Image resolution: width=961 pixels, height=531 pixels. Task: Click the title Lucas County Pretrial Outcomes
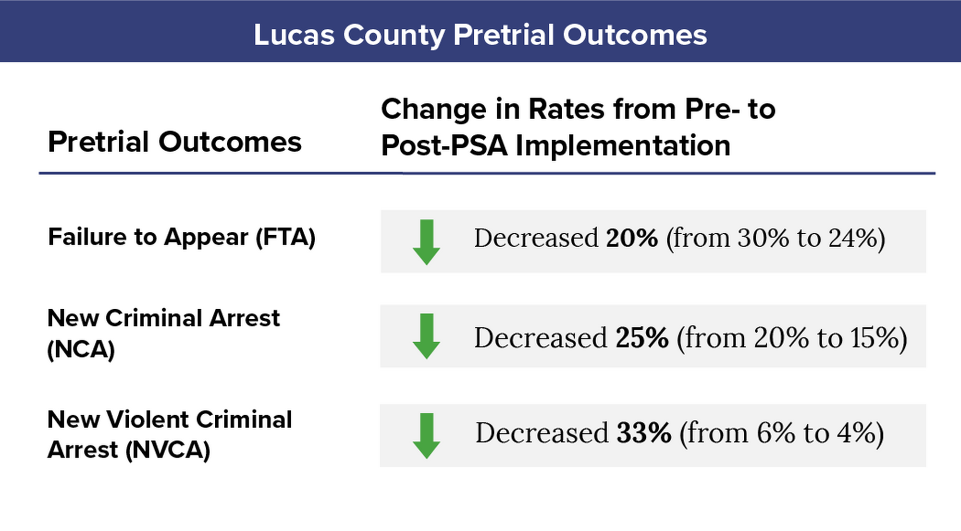480,35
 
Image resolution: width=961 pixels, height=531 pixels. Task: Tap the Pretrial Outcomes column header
174,142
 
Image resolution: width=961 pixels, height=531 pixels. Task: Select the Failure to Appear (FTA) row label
182,237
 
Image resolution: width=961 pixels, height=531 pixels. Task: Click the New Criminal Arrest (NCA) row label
163,333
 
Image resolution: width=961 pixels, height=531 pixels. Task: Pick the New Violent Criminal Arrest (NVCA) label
169,434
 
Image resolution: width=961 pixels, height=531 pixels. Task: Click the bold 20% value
631,238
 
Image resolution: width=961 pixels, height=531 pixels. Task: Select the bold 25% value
641,338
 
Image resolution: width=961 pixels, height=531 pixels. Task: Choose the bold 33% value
643,433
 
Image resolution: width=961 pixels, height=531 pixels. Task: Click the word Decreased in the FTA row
536,238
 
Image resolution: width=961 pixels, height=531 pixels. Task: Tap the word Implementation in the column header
623,145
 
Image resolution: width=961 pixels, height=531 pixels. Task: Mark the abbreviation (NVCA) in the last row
168,450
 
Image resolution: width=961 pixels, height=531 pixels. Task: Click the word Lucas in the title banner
294,35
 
